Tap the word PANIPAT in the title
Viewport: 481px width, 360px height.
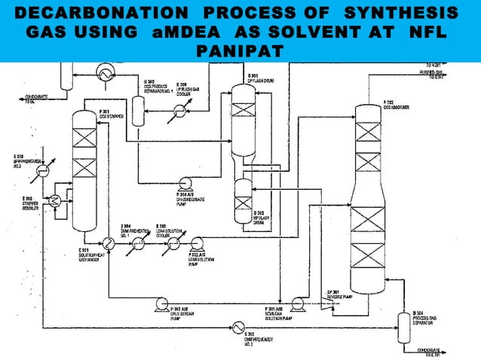[240, 52]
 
